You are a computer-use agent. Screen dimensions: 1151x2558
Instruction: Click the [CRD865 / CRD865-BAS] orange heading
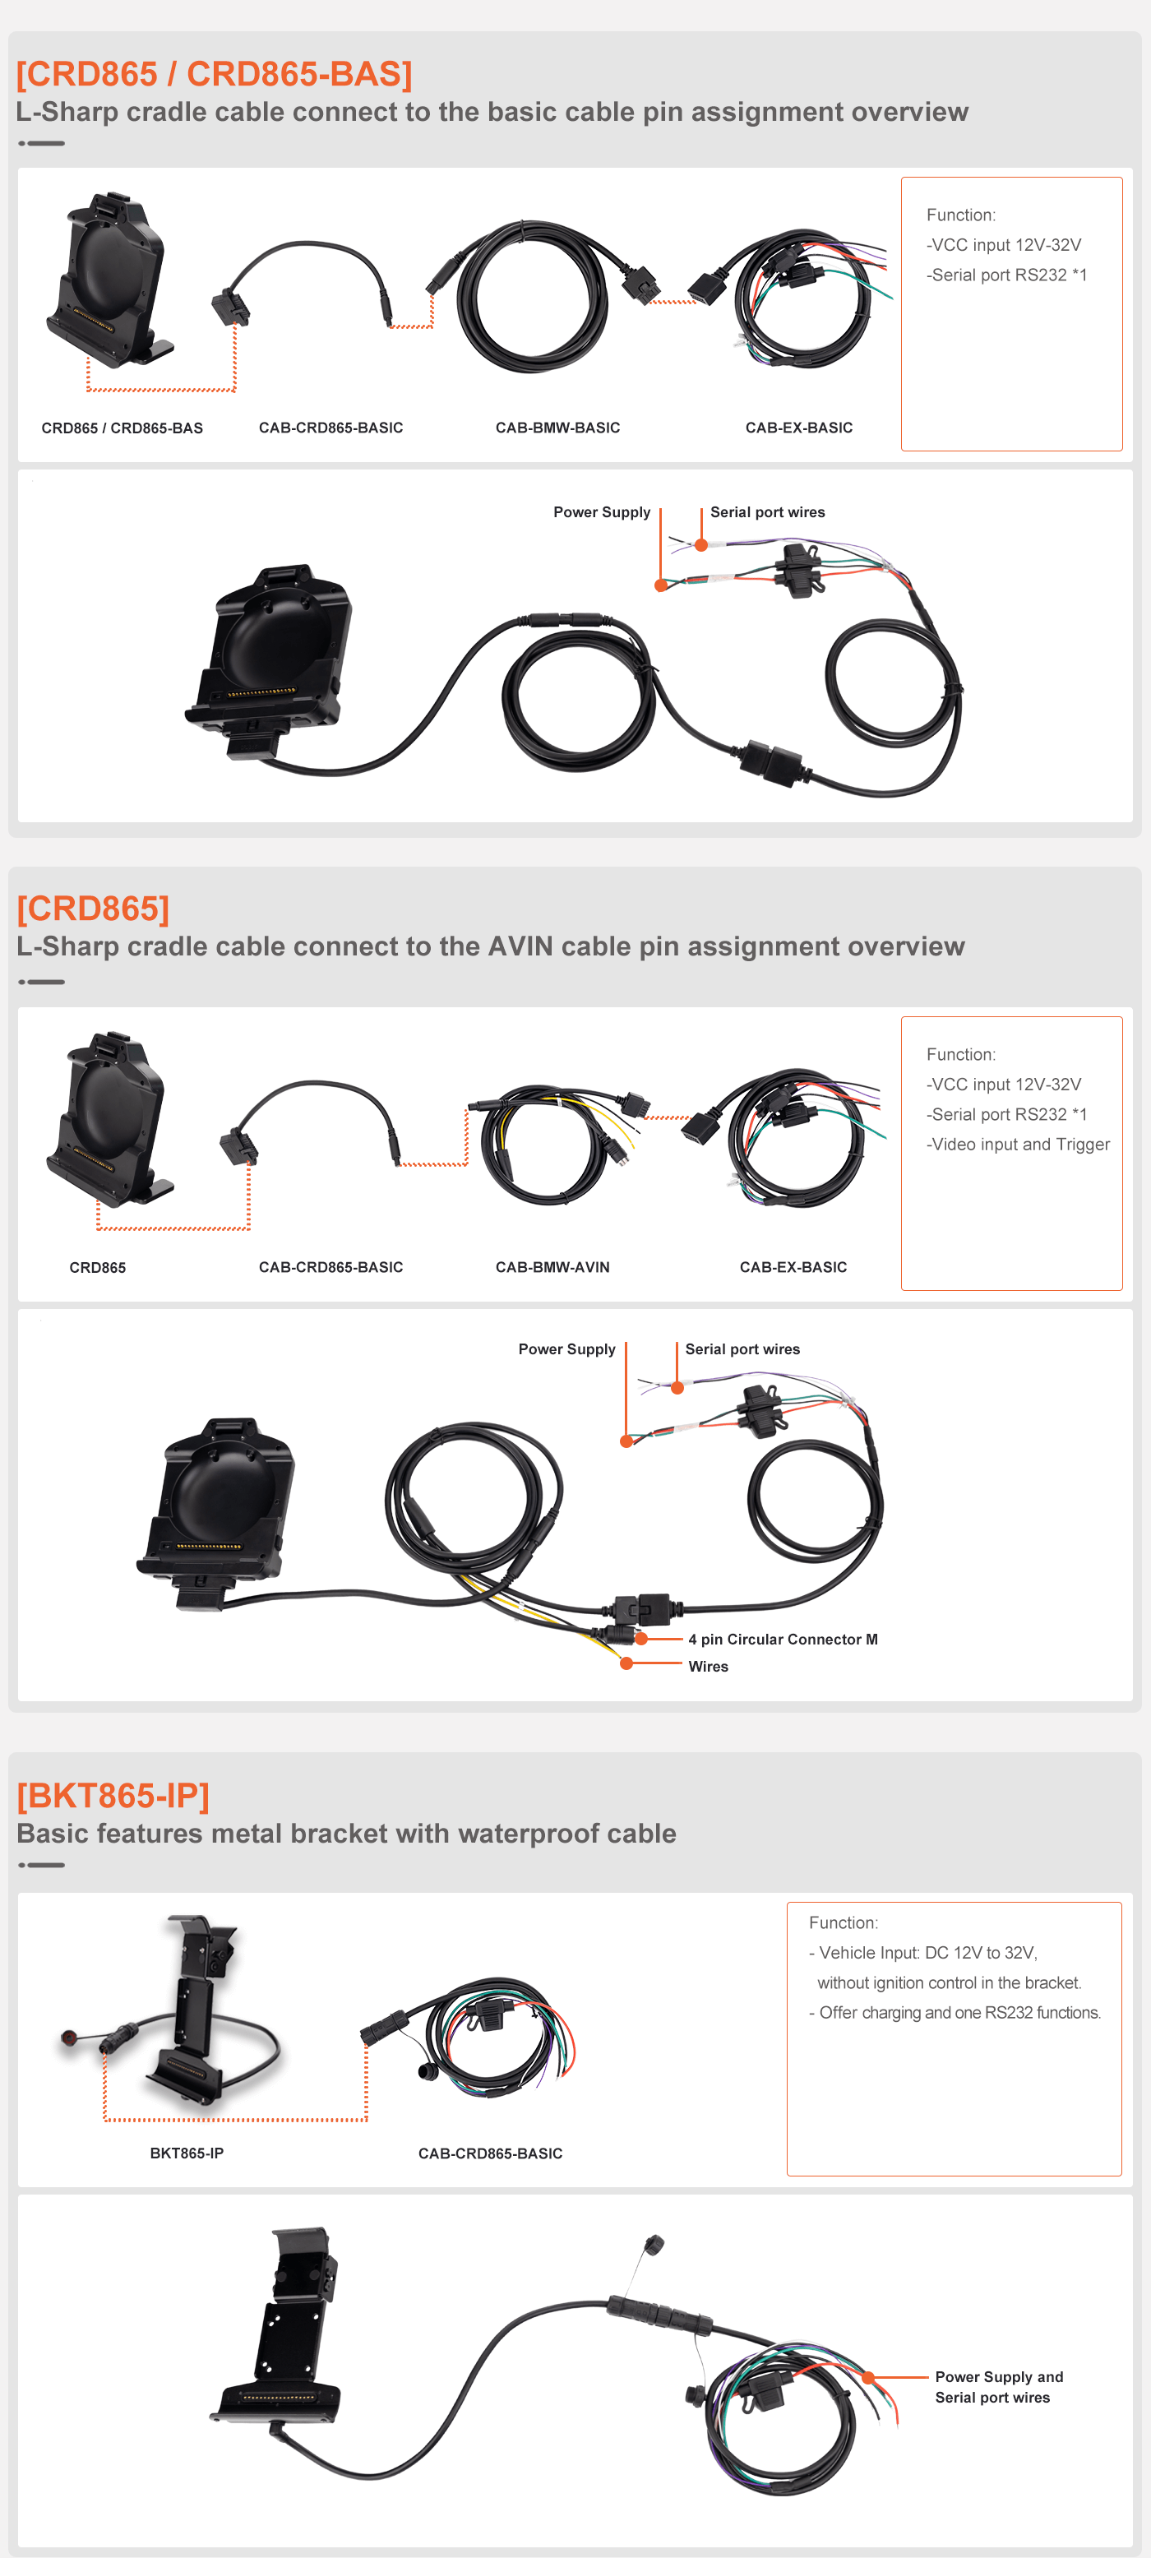pyautogui.click(x=215, y=73)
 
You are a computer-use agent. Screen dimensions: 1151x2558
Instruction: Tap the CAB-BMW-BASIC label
pyautogui.click(x=557, y=428)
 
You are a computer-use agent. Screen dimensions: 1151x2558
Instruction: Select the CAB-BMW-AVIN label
pyautogui.click(x=552, y=1267)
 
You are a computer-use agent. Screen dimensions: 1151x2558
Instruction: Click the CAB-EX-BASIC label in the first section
pyautogui.click(x=798, y=428)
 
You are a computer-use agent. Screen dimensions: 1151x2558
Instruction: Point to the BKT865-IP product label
pyautogui.click(x=187, y=2153)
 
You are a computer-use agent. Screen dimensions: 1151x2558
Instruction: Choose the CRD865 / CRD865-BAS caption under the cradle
pyautogui.click(x=122, y=428)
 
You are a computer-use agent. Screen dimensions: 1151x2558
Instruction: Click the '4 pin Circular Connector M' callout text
pyautogui.click(x=783, y=1640)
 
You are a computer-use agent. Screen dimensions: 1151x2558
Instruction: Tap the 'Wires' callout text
pyautogui.click(x=708, y=1666)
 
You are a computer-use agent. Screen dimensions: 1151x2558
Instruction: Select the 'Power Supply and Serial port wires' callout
pyautogui.click(x=998, y=2387)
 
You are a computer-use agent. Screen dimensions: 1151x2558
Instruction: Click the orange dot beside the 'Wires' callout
pyautogui.click(x=626, y=1663)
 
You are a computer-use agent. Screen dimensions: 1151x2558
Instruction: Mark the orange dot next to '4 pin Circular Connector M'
pyautogui.click(x=641, y=1639)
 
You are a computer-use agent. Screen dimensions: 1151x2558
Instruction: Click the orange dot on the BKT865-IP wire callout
pyautogui.click(x=868, y=2377)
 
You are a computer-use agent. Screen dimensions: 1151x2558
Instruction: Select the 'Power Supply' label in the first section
pyautogui.click(x=602, y=512)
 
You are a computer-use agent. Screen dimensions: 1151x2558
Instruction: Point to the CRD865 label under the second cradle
pyautogui.click(x=97, y=1267)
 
